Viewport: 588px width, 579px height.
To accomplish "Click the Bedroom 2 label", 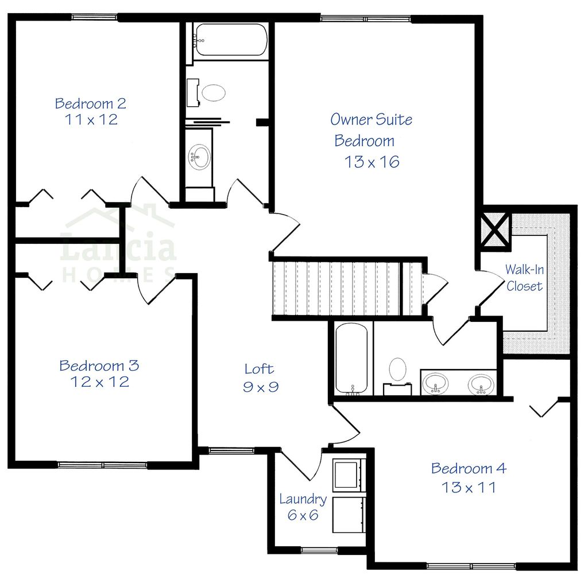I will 90,104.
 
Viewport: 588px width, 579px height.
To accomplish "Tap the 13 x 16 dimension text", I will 372,162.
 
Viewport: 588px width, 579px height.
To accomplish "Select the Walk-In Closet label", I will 524,277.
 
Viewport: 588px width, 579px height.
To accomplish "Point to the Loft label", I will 260,369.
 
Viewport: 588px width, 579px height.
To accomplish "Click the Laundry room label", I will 303,499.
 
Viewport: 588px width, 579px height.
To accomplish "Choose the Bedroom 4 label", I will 469,468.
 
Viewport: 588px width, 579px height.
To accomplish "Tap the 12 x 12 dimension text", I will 99,382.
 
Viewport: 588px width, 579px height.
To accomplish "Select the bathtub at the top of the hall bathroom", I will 230,40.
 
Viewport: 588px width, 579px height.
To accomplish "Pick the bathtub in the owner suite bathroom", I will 351,359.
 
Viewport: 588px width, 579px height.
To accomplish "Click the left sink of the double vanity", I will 437,383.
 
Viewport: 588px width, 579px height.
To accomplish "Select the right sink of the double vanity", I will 481,383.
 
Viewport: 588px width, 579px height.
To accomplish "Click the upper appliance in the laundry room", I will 348,473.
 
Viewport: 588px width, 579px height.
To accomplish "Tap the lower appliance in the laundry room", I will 348,514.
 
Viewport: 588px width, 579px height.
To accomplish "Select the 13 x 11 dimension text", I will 469,488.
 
